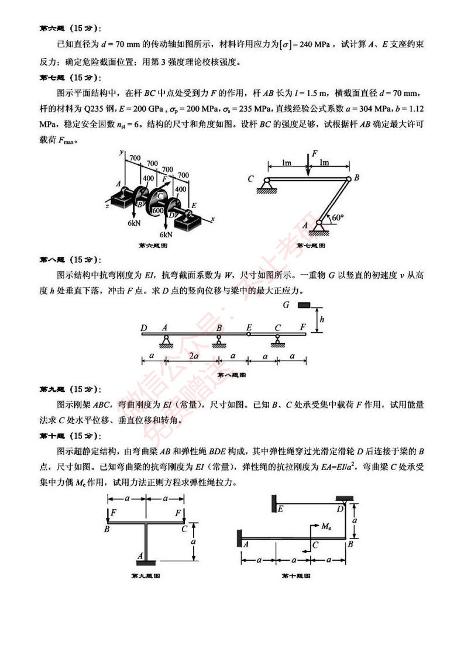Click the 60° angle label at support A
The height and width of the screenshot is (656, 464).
338,217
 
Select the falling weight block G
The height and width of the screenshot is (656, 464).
304,305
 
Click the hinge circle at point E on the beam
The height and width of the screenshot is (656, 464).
249,334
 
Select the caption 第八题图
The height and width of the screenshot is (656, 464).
231,375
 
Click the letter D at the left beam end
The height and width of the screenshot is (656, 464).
144,328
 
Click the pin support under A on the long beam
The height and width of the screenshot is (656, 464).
166,340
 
